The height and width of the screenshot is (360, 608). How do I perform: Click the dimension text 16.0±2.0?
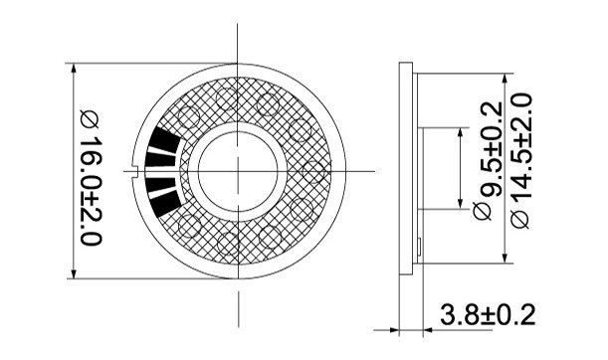[x=91, y=190]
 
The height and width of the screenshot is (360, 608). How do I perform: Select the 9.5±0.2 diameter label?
[x=491, y=149]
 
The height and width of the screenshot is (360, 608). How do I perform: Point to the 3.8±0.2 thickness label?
[x=488, y=314]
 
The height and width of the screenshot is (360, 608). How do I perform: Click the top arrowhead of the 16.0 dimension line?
[x=74, y=69]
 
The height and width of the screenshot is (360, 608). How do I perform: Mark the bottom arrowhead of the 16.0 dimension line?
[x=74, y=273]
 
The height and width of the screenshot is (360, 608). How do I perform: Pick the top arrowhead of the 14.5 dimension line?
[x=505, y=79]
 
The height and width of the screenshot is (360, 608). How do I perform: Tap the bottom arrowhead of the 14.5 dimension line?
[x=505, y=259]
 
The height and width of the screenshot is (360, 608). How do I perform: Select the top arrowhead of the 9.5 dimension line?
[x=461, y=132]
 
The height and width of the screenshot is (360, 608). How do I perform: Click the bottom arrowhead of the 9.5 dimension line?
[x=461, y=204]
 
